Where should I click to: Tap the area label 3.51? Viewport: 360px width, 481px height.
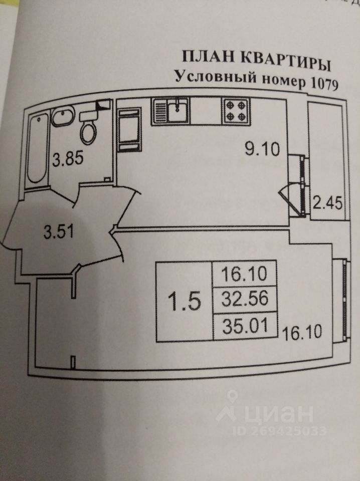[x=59, y=232]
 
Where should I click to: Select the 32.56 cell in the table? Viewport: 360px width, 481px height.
[x=246, y=300]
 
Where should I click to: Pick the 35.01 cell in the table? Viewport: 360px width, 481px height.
[x=246, y=326]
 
